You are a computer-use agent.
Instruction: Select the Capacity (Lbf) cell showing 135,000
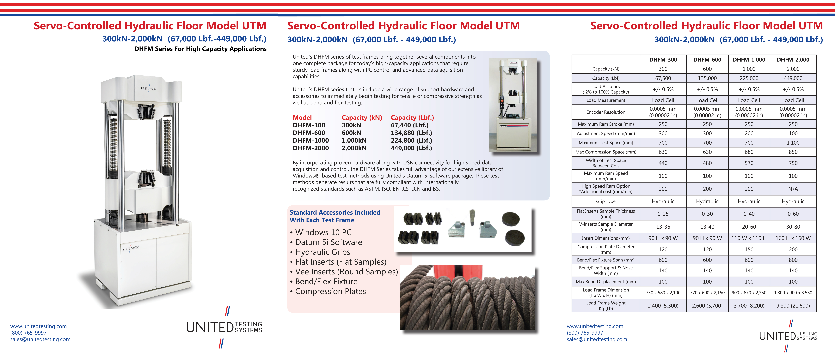click(x=707, y=78)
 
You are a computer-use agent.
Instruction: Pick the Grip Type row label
click(x=605, y=201)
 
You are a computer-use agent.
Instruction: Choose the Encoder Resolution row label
click(x=605, y=112)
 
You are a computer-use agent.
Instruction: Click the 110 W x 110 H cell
click(x=749, y=238)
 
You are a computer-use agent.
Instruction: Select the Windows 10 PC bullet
click(x=321, y=232)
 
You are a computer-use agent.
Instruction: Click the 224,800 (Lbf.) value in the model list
click(x=411, y=140)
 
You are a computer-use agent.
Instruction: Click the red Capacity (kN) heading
click(x=362, y=118)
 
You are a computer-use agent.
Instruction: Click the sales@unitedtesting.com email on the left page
click(x=40, y=339)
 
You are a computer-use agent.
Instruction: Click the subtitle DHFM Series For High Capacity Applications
click(x=200, y=49)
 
